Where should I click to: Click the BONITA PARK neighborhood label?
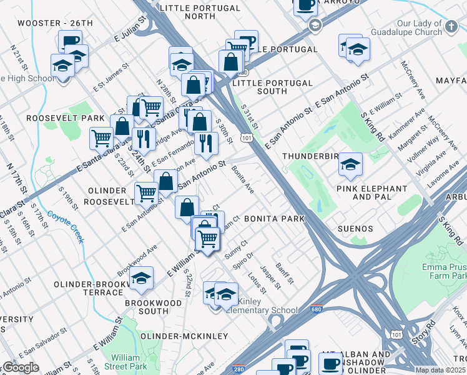coord(274,219)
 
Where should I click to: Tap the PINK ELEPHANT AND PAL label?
coord(371,192)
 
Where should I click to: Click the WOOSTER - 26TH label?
coord(55,23)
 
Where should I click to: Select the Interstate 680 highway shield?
coord(317,309)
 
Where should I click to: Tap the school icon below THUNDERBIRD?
coord(350,166)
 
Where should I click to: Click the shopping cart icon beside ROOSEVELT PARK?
coord(101,138)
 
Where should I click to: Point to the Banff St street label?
coord(283,273)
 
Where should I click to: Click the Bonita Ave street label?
coord(243,179)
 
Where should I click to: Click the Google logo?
coord(20,367)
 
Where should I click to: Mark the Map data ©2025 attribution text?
coord(440,370)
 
